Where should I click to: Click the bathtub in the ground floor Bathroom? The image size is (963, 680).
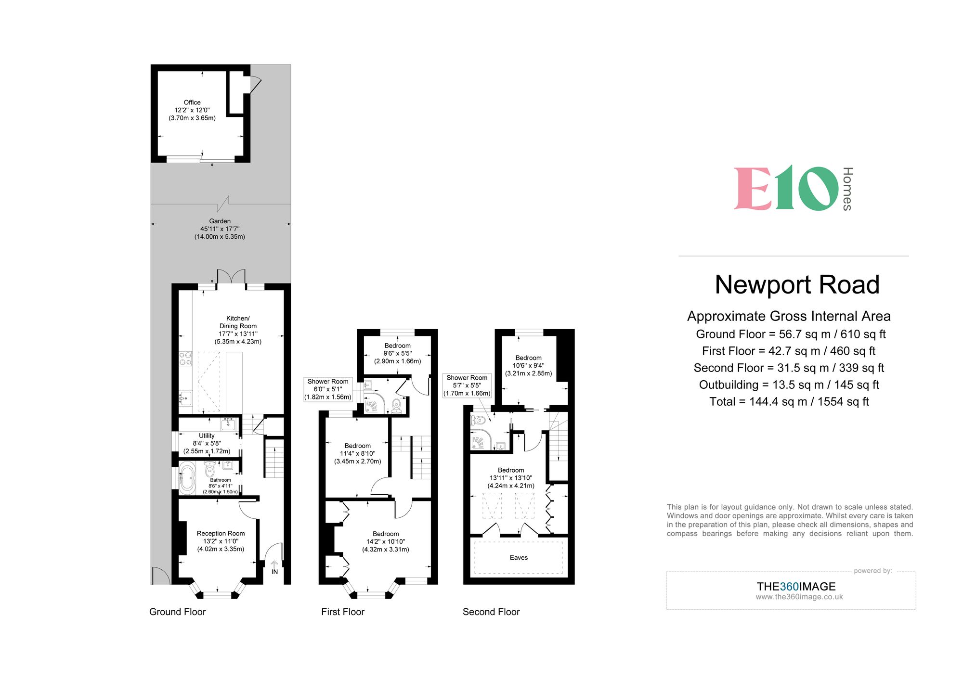[187, 478]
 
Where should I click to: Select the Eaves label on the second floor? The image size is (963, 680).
[519, 557]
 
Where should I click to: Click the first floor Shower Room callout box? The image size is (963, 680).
[328, 389]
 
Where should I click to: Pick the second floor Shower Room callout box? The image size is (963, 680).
[467, 385]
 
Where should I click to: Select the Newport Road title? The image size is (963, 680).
[797, 284]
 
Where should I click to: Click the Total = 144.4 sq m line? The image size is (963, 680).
[789, 401]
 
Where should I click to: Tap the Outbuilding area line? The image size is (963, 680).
[789, 385]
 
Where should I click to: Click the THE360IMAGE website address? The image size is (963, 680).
[799, 597]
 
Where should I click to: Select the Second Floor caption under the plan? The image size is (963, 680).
[491, 612]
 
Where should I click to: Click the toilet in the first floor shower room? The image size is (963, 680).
[396, 406]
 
